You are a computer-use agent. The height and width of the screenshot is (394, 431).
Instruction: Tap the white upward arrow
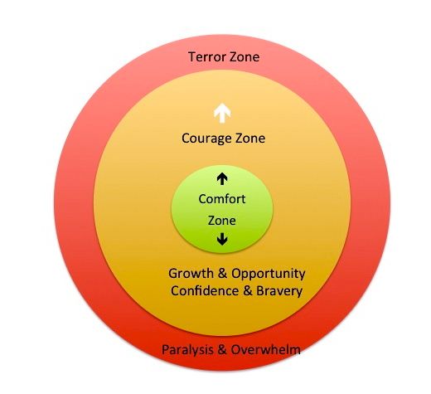click(222, 112)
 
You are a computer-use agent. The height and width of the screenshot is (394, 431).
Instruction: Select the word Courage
click(206, 139)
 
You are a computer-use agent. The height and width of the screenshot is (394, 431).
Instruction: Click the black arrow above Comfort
click(222, 178)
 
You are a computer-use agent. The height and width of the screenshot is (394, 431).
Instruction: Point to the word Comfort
click(222, 199)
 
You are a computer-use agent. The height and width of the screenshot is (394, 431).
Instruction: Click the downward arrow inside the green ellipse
click(222, 241)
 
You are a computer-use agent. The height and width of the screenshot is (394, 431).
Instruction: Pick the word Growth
click(187, 274)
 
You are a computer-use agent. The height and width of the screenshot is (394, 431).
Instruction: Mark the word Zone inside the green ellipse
click(222, 221)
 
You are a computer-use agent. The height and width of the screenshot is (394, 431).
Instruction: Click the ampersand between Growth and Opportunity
click(220, 274)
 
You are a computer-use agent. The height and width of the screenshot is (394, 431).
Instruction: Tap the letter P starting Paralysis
click(166, 349)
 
